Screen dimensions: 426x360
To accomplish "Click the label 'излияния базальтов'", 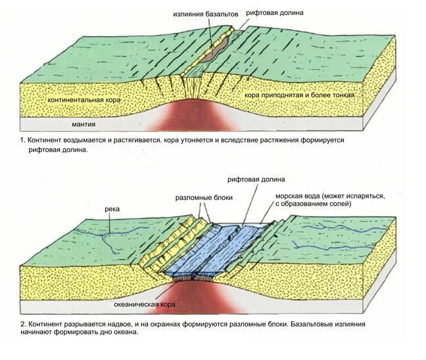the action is coord(202,12).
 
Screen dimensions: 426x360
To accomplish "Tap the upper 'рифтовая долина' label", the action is coord(275,12).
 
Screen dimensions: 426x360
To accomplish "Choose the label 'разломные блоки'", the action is coord(201,196).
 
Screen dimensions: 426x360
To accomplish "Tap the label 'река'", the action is coord(112,210).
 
